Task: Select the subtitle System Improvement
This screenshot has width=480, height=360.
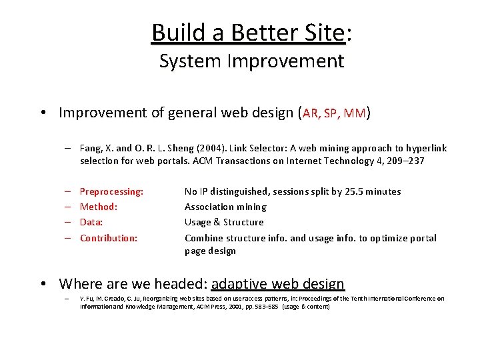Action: (251, 61)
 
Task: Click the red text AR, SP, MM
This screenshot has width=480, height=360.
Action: (335, 113)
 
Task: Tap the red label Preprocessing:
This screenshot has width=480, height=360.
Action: (111, 191)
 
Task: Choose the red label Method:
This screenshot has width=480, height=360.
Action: (99, 207)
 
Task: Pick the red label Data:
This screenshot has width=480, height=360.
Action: (91, 222)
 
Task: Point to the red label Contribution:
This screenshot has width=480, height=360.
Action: (109, 238)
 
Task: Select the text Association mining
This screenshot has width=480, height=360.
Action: (225, 207)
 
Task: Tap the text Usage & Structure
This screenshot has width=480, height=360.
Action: (224, 222)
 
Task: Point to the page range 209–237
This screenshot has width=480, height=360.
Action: (405, 161)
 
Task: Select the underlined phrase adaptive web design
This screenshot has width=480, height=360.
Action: (277, 284)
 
